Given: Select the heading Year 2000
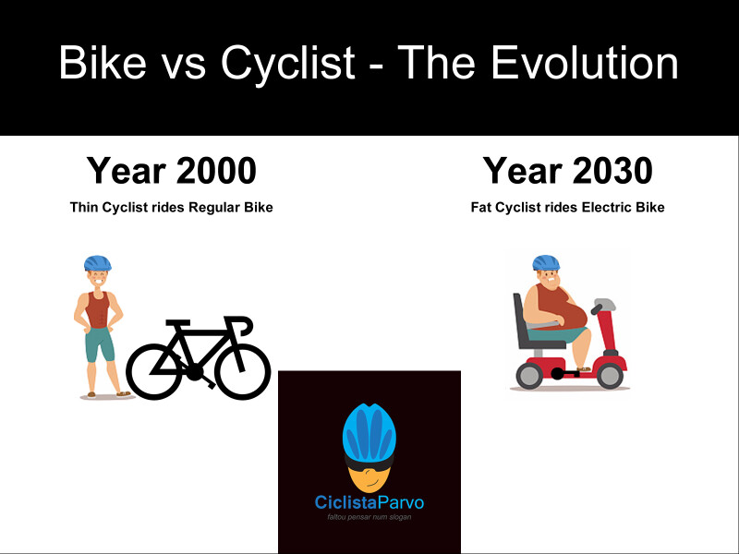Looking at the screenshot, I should point(171,171).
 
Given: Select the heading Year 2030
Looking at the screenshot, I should point(567,171).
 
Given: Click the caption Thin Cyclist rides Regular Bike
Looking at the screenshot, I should point(171,207).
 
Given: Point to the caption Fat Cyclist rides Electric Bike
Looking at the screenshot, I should point(567,207).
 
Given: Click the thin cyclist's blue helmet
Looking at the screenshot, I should point(96,262).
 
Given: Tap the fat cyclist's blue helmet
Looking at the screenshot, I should point(546,262).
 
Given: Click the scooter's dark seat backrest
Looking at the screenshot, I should point(520,319).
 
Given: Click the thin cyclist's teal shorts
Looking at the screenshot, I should point(99,344).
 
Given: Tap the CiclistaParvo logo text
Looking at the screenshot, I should point(369,503).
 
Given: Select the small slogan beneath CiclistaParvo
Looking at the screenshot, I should point(369,517).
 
